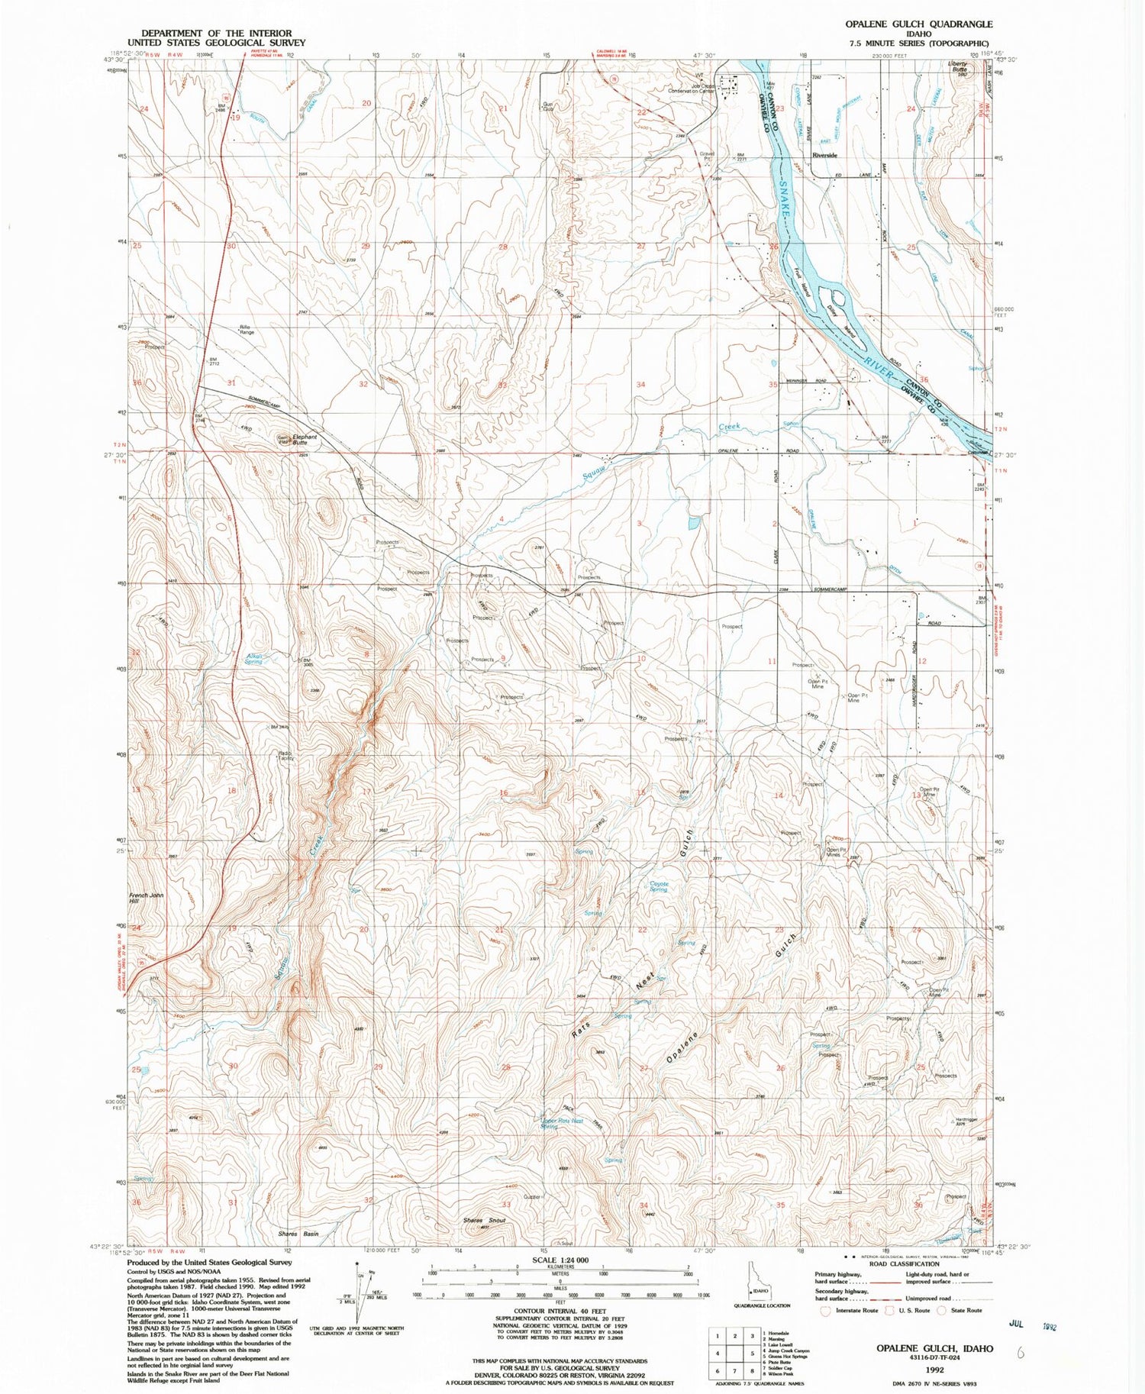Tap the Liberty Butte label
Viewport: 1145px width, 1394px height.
957,66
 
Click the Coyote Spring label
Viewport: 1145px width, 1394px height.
659,886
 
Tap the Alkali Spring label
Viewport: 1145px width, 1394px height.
253,659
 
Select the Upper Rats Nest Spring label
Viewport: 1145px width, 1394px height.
561,1123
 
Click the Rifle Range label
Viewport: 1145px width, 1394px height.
247,330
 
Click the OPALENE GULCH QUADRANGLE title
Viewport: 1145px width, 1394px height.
918,24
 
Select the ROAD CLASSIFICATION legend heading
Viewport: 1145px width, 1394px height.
904,1263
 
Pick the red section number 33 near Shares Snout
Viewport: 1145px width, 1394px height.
505,1205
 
